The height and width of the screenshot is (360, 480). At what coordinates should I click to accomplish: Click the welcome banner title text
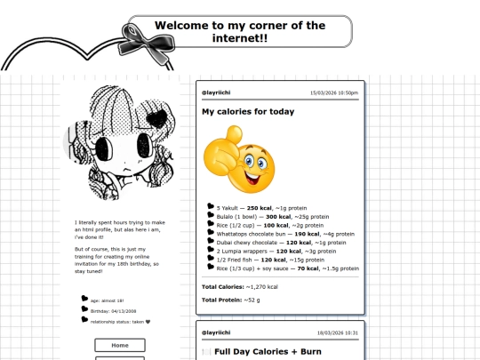point(240,32)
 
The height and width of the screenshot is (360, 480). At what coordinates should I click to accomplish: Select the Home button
point(119,345)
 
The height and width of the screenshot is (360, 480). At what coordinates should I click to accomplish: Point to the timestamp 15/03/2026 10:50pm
point(333,92)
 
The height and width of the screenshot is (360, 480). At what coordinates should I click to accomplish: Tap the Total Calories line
point(240,287)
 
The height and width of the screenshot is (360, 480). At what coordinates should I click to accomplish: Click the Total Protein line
point(231,300)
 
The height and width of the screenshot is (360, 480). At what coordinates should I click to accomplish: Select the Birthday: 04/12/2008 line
point(112,311)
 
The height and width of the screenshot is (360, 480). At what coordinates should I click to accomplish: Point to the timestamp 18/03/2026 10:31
point(337,333)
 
